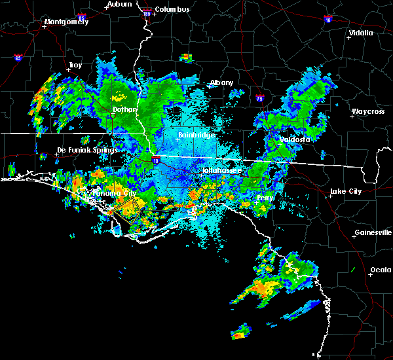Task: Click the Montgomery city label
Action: pyautogui.click(x=65, y=22)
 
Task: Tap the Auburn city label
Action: pyautogui.click(x=119, y=4)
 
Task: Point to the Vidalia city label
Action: pyautogui.click(x=361, y=33)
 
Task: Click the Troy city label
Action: pyautogui.click(x=75, y=65)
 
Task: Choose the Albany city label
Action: pyautogui.click(x=221, y=83)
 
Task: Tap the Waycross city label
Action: pyautogui.click(x=367, y=112)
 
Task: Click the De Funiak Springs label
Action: pyautogui.click(x=87, y=150)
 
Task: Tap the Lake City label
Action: pyautogui.click(x=345, y=191)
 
